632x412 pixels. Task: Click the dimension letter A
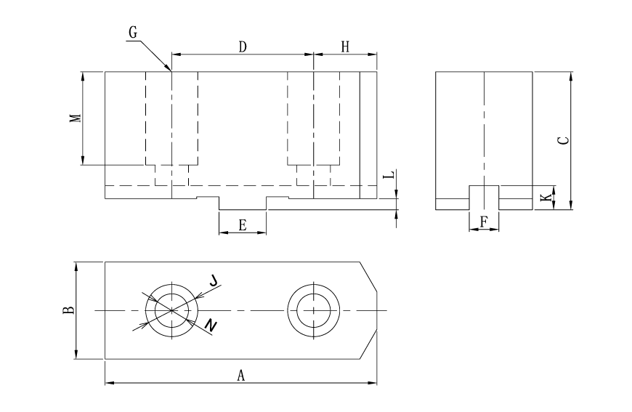[x=241, y=375]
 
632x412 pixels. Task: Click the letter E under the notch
[x=243, y=225]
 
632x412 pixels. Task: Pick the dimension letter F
[x=484, y=222]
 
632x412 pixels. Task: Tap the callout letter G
[x=131, y=33]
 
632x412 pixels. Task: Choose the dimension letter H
[x=345, y=47]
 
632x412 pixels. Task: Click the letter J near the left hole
[x=213, y=279]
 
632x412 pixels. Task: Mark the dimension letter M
[x=75, y=118]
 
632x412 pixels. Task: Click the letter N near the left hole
[x=209, y=326]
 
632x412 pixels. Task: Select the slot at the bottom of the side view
[x=484, y=198]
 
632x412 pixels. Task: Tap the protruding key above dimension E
[x=243, y=203]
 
